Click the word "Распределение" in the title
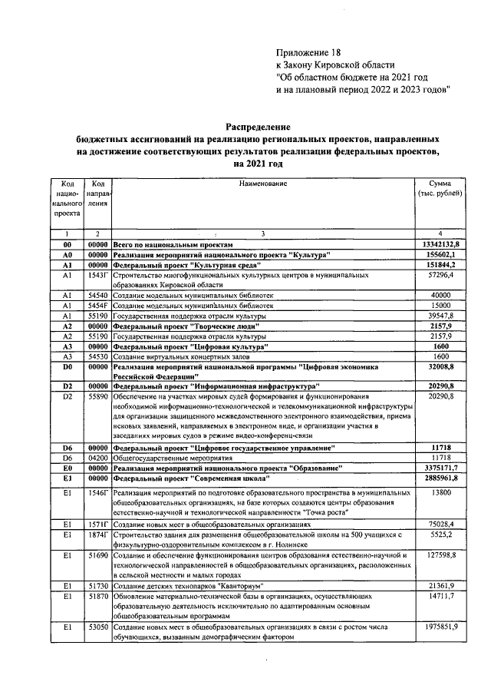(258, 127)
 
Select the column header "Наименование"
(262, 183)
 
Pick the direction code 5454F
(97, 304)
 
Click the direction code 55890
(97, 395)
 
